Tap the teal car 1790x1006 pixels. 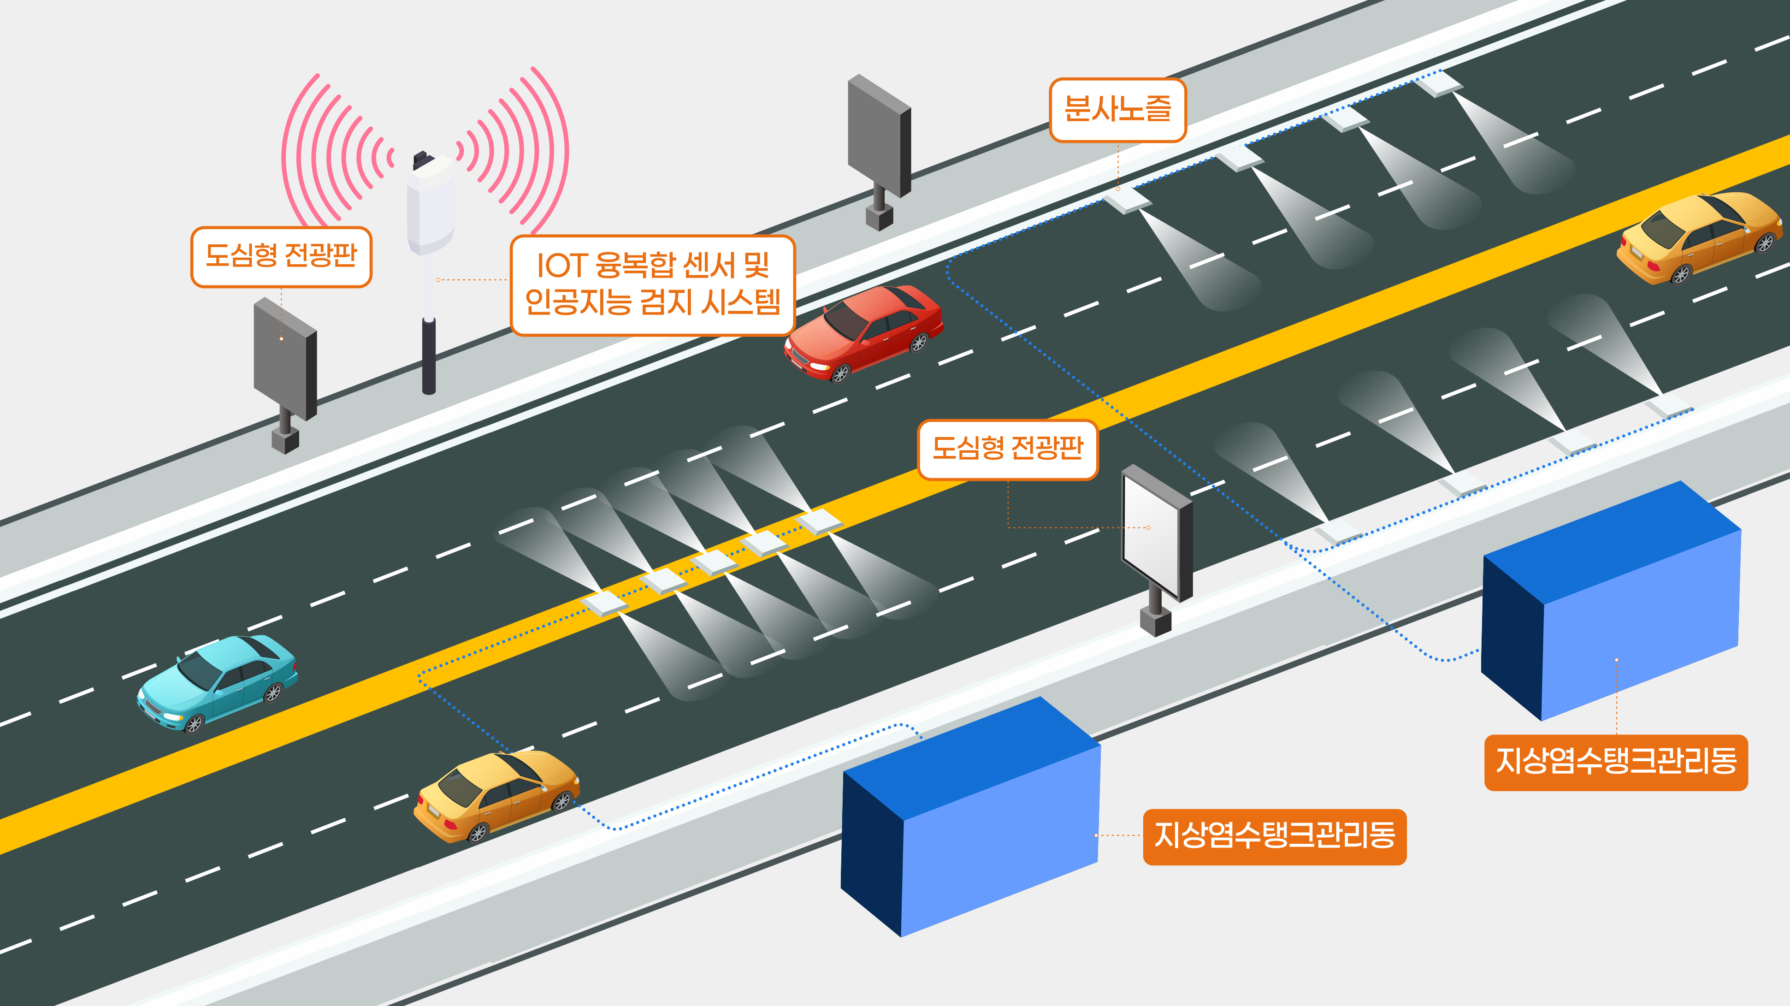218,682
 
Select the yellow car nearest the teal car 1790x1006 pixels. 497,795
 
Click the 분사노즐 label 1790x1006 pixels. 1117,110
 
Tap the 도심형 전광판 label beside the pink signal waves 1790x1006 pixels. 281,256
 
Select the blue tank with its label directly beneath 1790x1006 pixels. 1612,601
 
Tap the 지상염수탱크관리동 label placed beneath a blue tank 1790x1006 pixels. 1616,762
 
